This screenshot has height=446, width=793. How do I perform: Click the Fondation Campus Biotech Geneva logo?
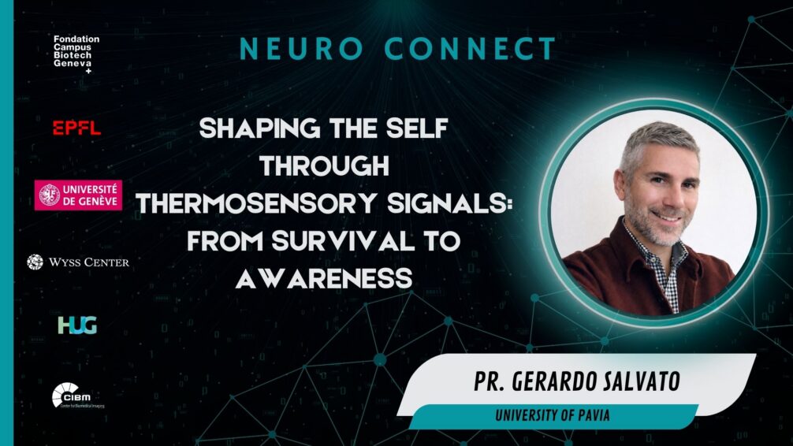pyautogui.click(x=76, y=54)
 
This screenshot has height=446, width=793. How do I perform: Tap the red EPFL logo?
pyautogui.click(x=76, y=128)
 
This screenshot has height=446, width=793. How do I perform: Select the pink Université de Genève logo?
pyautogui.click(x=78, y=195)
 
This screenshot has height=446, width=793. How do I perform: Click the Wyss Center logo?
pyautogui.click(x=78, y=262)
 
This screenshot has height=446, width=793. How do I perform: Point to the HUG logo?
pyautogui.click(x=76, y=325)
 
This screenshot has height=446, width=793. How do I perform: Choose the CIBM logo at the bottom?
pyautogui.click(x=77, y=395)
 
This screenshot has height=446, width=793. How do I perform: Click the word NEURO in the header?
pyautogui.click(x=295, y=50)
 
